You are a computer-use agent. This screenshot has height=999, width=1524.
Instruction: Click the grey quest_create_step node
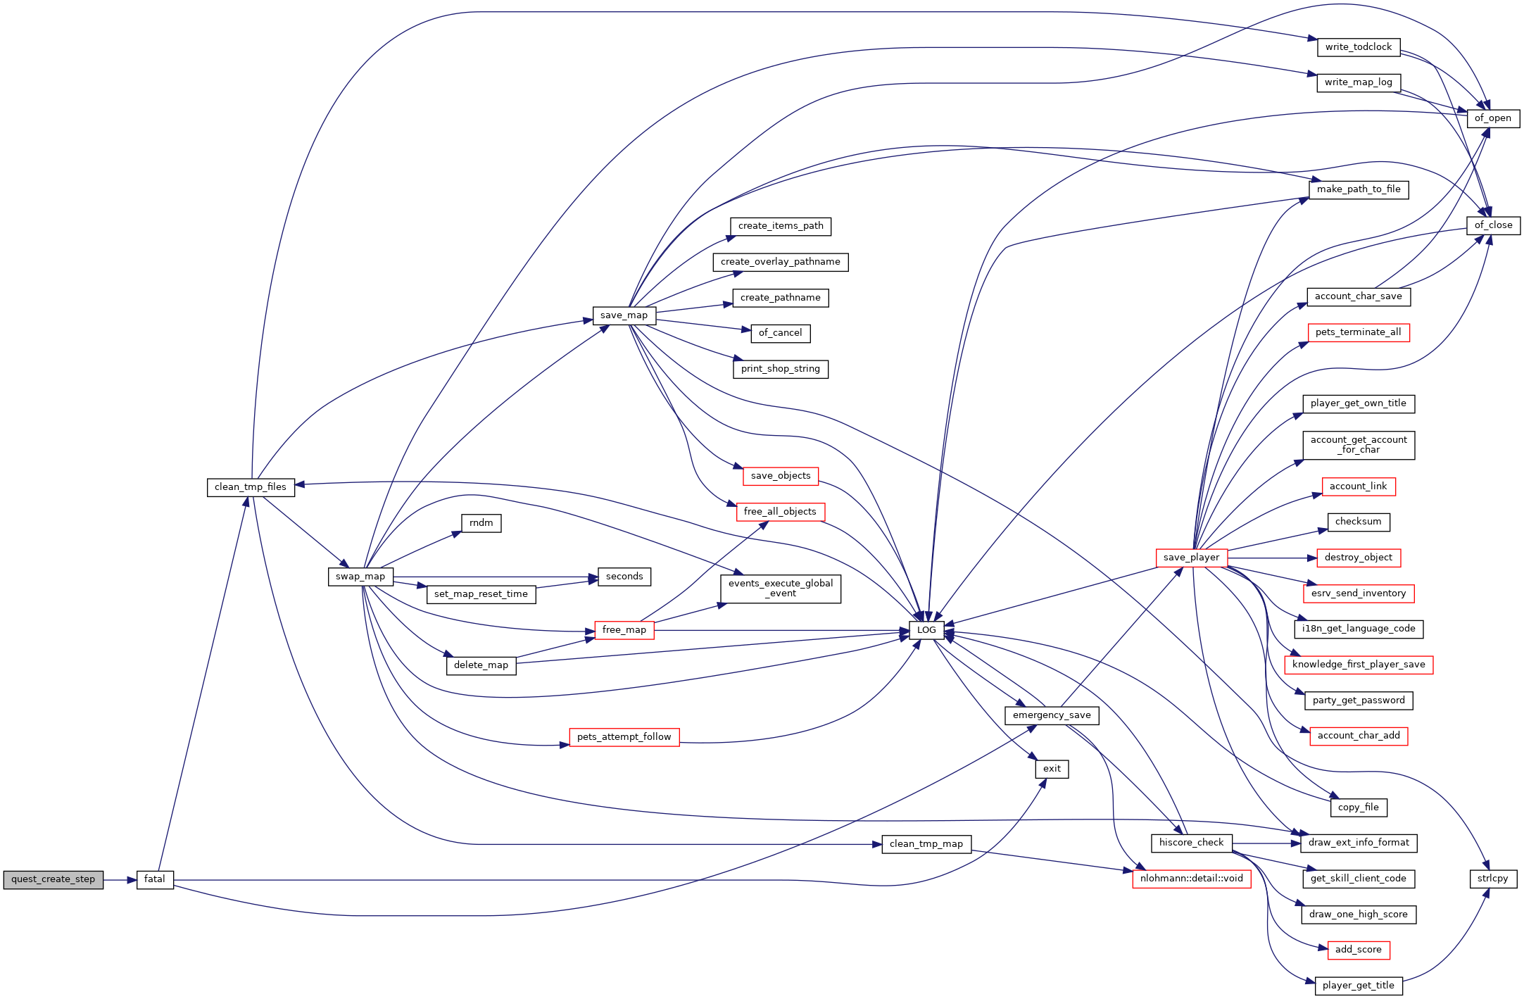53,879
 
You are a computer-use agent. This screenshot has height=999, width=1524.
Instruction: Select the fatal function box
154,879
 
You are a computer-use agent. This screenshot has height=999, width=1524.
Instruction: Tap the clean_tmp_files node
251,487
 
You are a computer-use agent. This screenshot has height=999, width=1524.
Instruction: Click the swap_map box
360,577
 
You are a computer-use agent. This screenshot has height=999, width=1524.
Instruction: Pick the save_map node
624,315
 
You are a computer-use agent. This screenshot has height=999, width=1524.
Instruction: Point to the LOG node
926,630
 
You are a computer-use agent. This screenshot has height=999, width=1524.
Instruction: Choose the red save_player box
1191,558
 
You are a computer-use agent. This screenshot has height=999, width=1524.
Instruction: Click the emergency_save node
1052,715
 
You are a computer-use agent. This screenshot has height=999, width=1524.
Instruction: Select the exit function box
1052,769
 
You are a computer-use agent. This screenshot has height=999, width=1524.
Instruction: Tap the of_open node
1492,118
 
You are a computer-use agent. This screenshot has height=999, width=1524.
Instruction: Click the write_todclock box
1358,47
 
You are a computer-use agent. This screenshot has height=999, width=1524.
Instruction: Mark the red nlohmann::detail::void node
1191,879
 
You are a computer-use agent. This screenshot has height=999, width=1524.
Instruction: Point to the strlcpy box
1492,879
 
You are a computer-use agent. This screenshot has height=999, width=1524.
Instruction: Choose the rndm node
481,523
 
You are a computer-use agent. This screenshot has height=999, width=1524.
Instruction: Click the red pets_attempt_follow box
624,737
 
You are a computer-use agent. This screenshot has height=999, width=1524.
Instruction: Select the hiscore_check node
1191,843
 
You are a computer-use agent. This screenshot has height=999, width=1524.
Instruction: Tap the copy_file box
1358,808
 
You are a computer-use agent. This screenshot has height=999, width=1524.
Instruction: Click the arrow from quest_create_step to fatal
120,880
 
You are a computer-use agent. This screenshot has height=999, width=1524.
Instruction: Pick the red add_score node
1358,950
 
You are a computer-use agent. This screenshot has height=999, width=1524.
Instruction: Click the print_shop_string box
780,369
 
